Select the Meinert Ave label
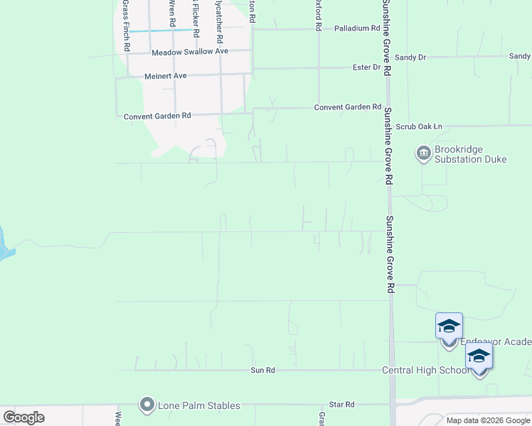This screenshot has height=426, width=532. [165, 75]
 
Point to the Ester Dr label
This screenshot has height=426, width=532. [367, 67]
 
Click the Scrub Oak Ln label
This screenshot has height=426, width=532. [419, 126]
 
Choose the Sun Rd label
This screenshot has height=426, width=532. [262, 370]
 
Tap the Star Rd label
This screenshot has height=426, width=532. [342, 404]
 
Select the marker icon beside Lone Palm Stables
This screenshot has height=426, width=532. [148, 405]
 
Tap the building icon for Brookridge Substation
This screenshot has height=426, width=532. [422, 153]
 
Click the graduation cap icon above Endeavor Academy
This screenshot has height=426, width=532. [449, 327]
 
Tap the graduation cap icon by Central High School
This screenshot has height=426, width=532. [479, 356]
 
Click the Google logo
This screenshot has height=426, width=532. [23, 417]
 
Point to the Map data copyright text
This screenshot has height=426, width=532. [488, 420]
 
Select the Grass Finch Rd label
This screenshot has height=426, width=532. [127, 25]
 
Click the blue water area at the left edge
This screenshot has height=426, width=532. [4, 245]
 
